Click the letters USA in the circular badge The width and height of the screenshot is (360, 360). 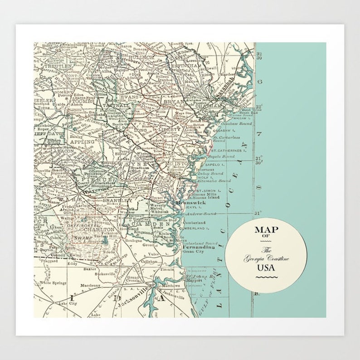[266, 267]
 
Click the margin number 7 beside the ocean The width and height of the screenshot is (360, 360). [260, 135]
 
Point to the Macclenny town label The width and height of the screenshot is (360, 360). [90, 286]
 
